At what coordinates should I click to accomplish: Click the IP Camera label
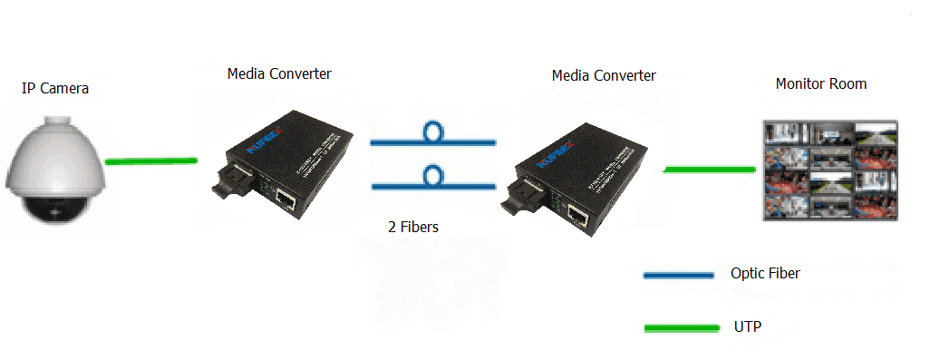[55, 88]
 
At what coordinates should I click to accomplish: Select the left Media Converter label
[279, 73]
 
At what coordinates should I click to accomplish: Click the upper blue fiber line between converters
[390, 141]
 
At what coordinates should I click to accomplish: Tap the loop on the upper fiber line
[433, 132]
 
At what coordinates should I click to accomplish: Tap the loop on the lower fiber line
[433, 175]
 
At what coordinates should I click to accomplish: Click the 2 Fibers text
[412, 227]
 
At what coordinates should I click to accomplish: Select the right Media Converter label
[604, 75]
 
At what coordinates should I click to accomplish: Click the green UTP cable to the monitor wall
[711, 169]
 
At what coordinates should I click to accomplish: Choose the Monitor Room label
[821, 83]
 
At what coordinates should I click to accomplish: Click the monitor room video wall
[829, 171]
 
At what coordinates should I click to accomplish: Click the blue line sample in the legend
[678, 275]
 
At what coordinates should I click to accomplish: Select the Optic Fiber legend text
[765, 273]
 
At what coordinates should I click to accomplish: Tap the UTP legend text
[747, 325]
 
